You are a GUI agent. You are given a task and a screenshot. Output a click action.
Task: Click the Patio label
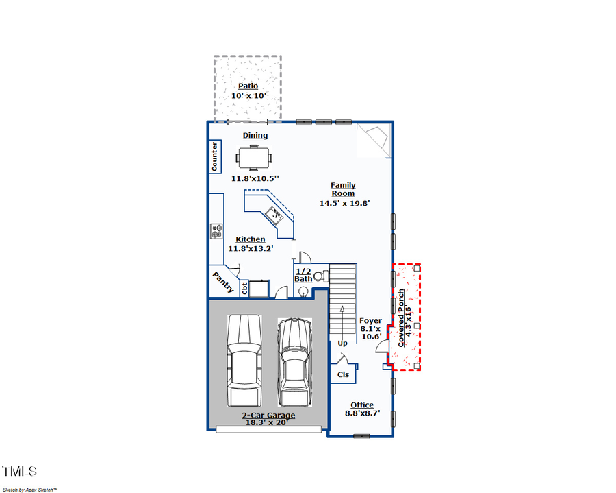[x=248, y=86]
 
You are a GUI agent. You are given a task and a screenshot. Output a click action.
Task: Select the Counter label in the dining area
[x=214, y=156]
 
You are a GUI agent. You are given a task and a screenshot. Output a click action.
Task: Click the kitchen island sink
[x=277, y=215]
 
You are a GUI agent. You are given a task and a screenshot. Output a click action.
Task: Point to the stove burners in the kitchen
[x=217, y=232]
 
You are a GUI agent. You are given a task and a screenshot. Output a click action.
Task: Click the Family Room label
[x=343, y=189]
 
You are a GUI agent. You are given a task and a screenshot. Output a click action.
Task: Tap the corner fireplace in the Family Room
[x=374, y=141]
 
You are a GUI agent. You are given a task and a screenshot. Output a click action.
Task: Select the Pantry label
[x=223, y=281]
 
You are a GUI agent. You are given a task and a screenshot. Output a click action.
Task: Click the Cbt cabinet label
[x=244, y=289]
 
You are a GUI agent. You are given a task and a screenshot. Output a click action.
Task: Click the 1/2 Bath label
[x=303, y=275]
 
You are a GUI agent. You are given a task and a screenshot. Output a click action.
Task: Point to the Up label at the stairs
[x=342, y=343]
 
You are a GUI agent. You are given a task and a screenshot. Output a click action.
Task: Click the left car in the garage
[x=244, y=361]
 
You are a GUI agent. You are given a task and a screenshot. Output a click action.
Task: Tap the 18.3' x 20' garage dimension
[x=268, y=423]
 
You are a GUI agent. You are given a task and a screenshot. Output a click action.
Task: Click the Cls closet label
[x=343, y=374]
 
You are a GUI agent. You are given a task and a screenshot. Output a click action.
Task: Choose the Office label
[x=362, y=405]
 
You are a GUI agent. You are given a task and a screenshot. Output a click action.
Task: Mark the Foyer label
[x=370, y=320]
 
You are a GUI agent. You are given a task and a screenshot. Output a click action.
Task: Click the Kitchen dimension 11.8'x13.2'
[x=251, y=248]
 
